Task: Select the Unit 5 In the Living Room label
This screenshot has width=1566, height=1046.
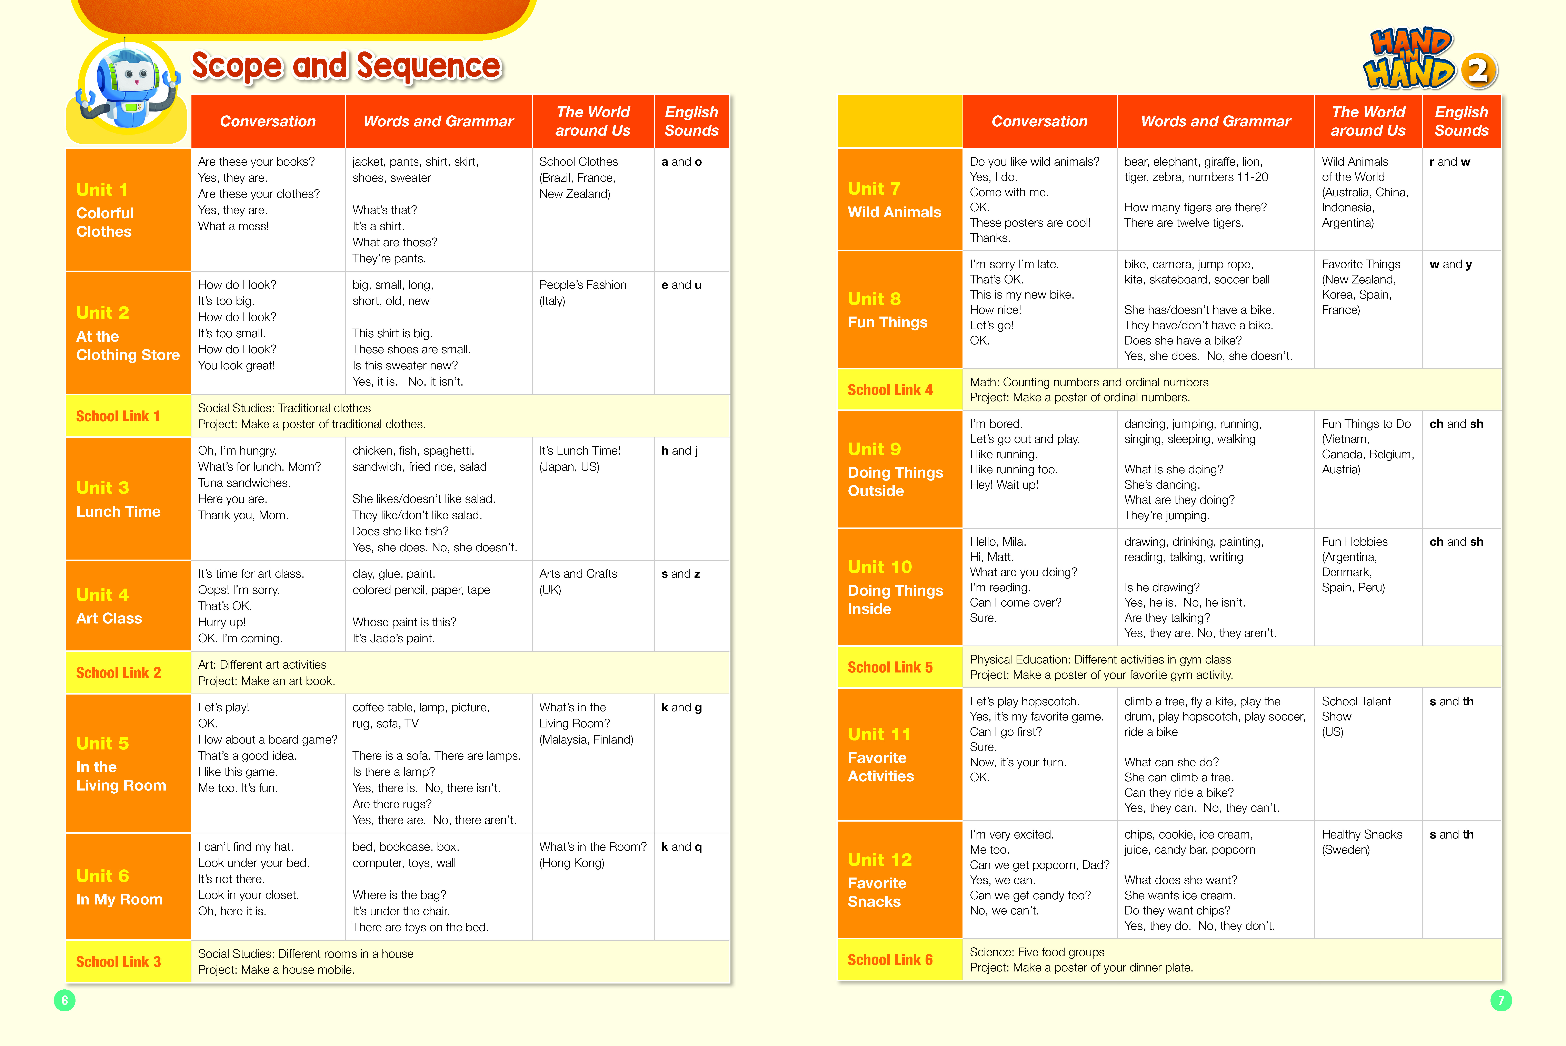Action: click(x=128, y=764)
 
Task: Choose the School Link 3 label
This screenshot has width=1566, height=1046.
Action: click(x=128, y=961)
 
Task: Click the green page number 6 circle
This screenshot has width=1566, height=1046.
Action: click(x=65, y=1000)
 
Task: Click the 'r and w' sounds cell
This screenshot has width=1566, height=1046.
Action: click(x=1461, y=200)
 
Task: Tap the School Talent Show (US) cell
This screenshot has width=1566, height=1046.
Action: click(x=1368, y=755)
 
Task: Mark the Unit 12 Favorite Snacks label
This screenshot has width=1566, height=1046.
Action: click(x=899, y=880)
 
